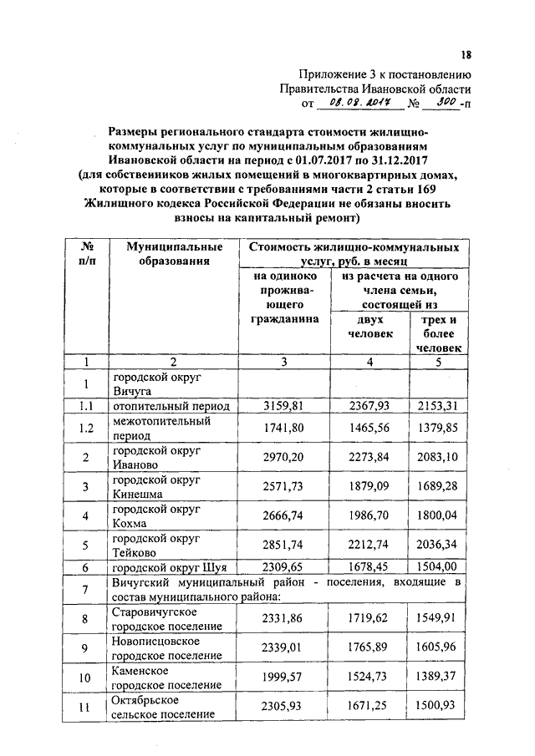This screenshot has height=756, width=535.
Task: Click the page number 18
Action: coord(466,55)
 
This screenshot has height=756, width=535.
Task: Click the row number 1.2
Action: coord(84,428)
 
